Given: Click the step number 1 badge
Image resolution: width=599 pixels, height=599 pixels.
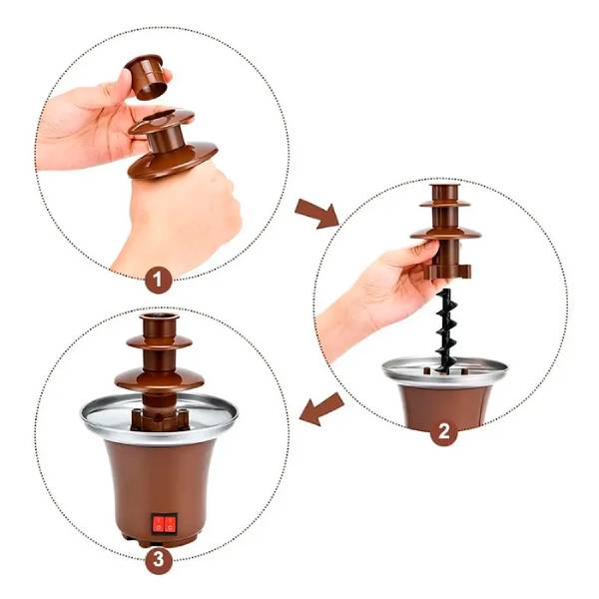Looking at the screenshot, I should (x=158, y=280).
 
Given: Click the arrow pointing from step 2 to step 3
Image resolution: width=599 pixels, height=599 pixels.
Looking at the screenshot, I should (x=321, y=407).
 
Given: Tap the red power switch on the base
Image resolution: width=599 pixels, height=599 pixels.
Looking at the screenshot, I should (x=164, y=521).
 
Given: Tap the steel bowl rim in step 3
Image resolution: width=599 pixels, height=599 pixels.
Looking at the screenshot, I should (x=100, y=419).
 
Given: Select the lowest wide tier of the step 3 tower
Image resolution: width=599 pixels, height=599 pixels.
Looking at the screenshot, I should (x=158, y=380).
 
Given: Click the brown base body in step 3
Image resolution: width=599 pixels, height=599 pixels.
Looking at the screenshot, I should (x=160, y=479).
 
